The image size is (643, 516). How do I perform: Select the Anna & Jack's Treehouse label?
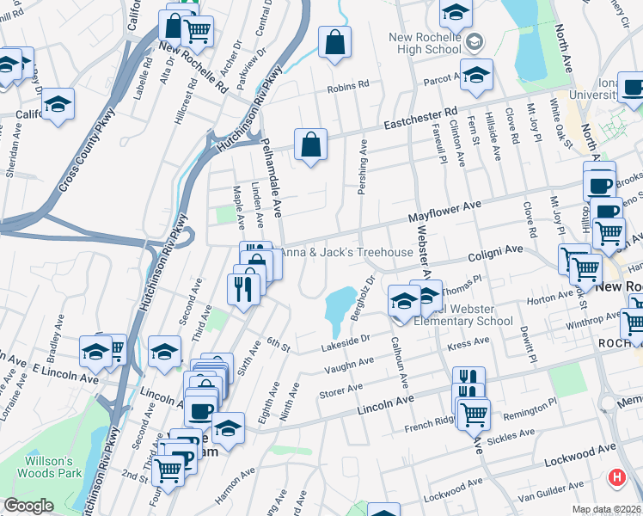(346, 252)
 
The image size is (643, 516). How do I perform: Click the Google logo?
(28, 506)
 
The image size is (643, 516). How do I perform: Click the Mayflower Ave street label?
(444, 208)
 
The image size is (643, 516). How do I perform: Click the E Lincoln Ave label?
(61, 372)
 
